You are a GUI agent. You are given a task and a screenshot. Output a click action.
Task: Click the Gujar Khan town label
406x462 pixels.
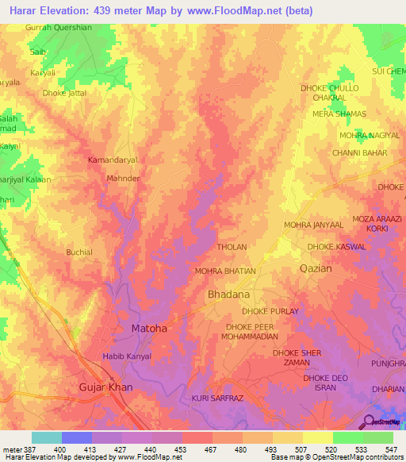[106, 387]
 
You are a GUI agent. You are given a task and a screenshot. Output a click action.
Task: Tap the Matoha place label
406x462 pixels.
[148, 327]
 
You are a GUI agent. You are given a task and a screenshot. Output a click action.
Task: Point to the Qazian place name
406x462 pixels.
[316, 268]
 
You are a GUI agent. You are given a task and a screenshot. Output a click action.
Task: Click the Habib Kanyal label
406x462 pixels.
[127, 356]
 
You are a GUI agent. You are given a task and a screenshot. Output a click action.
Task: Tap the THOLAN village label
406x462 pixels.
[232, 247]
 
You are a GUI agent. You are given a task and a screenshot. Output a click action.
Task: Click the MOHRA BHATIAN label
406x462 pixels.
[225, 271]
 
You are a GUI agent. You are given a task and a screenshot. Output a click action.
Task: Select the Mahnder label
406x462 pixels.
[123, 179]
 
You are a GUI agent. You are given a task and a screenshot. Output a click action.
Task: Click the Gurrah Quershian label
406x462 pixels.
[59, 27]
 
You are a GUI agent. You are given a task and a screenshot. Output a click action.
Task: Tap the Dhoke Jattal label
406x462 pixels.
[64, 93]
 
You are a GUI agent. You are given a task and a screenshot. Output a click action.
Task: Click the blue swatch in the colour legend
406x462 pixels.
[76, 437]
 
